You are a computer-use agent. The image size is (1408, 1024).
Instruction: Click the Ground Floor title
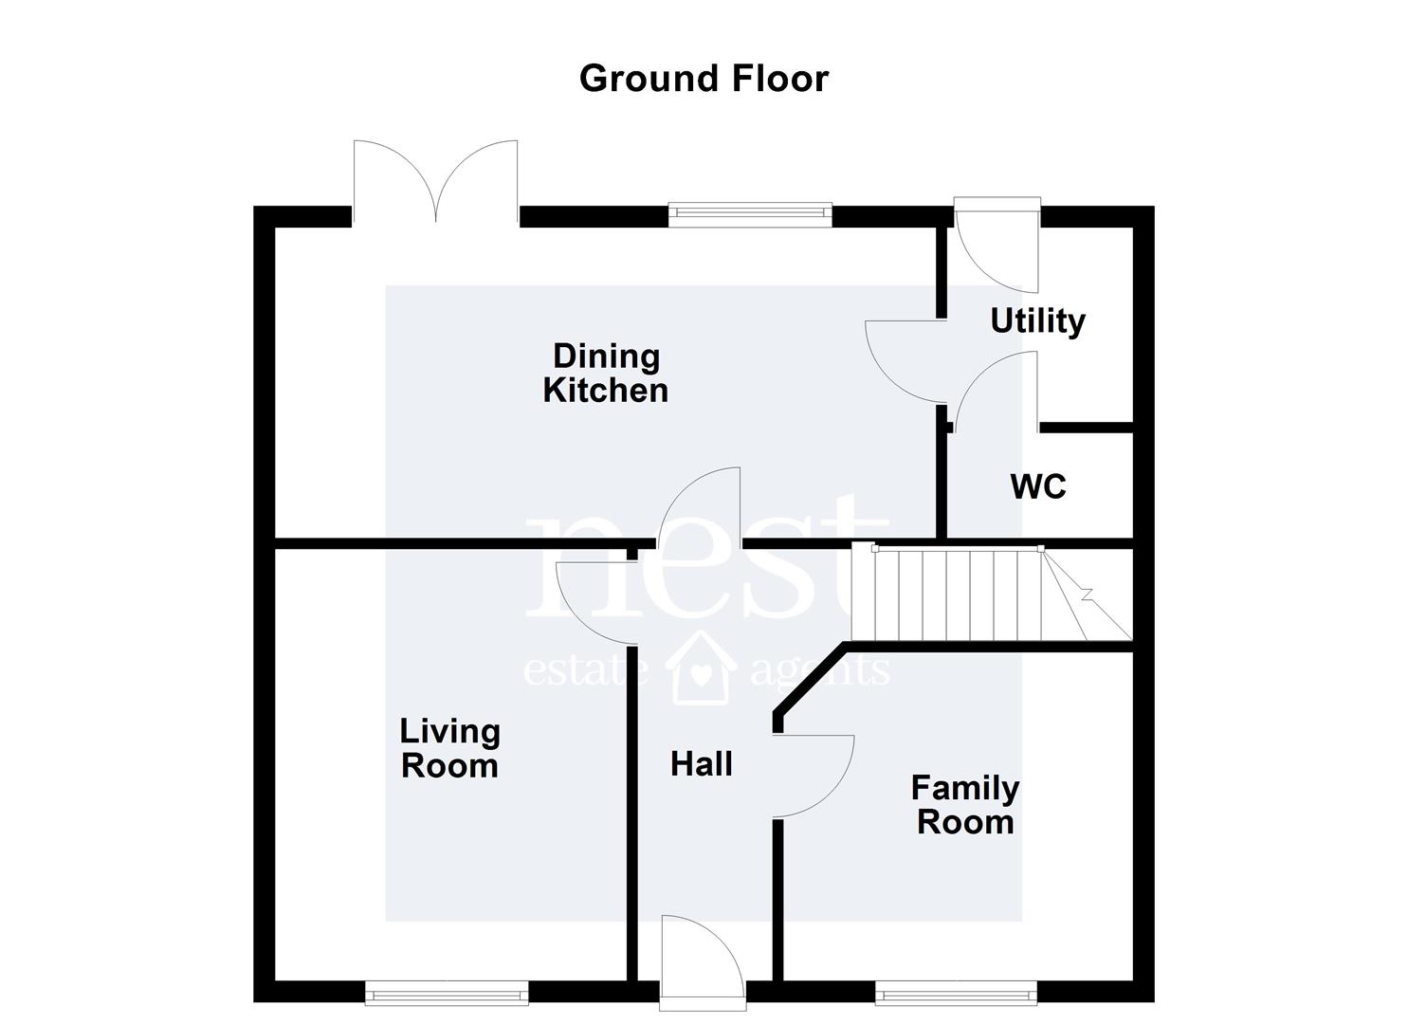pyautogui.click(x=704, y=80)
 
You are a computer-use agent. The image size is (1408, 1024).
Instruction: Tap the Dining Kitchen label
pyautogui.click(x=605, y=374)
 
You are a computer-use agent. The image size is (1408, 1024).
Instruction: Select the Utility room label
pyautogui.click(x=1038, y=321)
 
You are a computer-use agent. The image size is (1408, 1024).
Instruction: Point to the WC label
pyautogui.click(x=1038, y=486)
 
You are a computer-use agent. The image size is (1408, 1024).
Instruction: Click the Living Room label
pyautogui.click(x=450, y=749)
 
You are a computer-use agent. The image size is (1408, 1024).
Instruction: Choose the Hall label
pyautogui.click(x=702, y=764)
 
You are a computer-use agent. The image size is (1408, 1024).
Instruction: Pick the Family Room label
pyautogui.click(x=965, y=805)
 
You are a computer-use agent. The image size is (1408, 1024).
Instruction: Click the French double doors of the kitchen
pyautogui.click(x=435, y=182)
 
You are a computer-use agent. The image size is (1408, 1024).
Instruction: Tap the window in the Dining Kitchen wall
pyautogui.click(x=751, y=214)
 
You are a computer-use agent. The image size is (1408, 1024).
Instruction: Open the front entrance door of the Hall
pyautogui.click(x=703, y=963)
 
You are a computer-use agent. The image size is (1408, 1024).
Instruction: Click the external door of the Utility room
pyautogui.click(x=997, y=246)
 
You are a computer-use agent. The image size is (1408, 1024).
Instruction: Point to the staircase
pyautogui.click(x=992, y=594)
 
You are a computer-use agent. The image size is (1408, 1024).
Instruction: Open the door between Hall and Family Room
pyautogui.click(x=813, y=777)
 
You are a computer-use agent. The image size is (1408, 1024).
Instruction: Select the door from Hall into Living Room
pyautogui.click(x=596, y=603)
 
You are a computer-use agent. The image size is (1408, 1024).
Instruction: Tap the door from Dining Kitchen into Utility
pyautogui.click(x=905, y=361)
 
